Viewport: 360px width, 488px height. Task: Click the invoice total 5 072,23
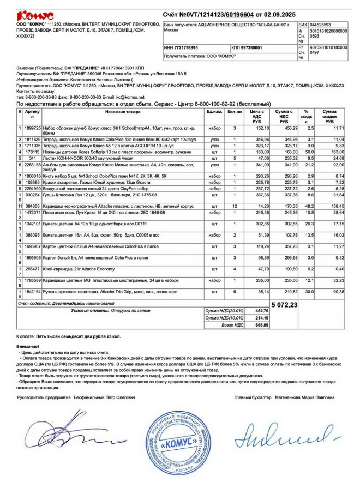[284, 305]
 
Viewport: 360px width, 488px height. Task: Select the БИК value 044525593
[319, 25]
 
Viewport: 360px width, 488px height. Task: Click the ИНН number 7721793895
[183, 48]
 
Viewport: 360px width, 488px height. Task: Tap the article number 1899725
[33, 128]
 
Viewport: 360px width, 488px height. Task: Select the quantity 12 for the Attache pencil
[234, 207]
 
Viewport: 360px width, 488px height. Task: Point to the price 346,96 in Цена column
[260, 140]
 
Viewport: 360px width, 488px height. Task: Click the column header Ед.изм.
[214, 112]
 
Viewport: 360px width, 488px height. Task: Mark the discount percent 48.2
[309, 207]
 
